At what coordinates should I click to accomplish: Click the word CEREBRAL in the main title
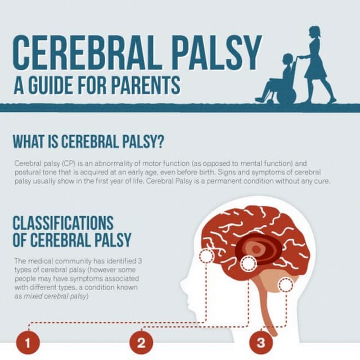pos(90,53)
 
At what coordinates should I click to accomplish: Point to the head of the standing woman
pos(314,31)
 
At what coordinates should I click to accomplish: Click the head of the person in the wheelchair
pos(287,58)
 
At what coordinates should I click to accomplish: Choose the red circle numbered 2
pos(141,342)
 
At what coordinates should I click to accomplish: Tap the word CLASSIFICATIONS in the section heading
pos(63,223)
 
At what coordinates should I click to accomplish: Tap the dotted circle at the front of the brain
pos(206,256)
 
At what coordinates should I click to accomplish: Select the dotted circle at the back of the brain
pos(286,285)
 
